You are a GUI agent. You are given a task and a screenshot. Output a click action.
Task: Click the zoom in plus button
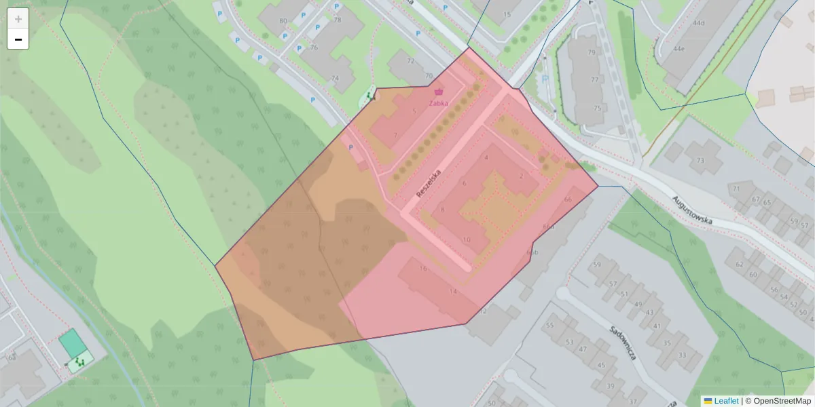[18, 18]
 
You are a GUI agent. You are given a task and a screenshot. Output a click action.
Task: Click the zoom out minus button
[18, 39]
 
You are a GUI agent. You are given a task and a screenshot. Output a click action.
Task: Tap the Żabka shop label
[438, 103]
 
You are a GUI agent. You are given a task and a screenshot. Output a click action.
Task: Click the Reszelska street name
[429, 184]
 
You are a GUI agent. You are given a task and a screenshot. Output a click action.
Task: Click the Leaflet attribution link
[725, 401]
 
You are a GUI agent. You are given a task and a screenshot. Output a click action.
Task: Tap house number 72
[410, 61]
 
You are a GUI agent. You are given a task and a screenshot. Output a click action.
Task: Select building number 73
[700, 161]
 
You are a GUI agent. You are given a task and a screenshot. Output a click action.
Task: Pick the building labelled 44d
[698, 23]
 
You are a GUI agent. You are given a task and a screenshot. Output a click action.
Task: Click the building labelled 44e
[678, 49]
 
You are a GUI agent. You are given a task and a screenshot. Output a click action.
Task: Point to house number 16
[423, 269]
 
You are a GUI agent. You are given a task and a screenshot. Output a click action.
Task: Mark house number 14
[453, 291]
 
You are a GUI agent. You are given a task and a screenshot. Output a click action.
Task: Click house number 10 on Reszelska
[466, 239]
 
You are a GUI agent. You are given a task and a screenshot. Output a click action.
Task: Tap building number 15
[507, 14]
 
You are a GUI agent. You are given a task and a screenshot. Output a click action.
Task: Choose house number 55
[550, 326]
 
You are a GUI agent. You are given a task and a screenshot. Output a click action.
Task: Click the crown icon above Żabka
[438, 92]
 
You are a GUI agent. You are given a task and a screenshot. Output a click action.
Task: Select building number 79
[592, 52]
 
